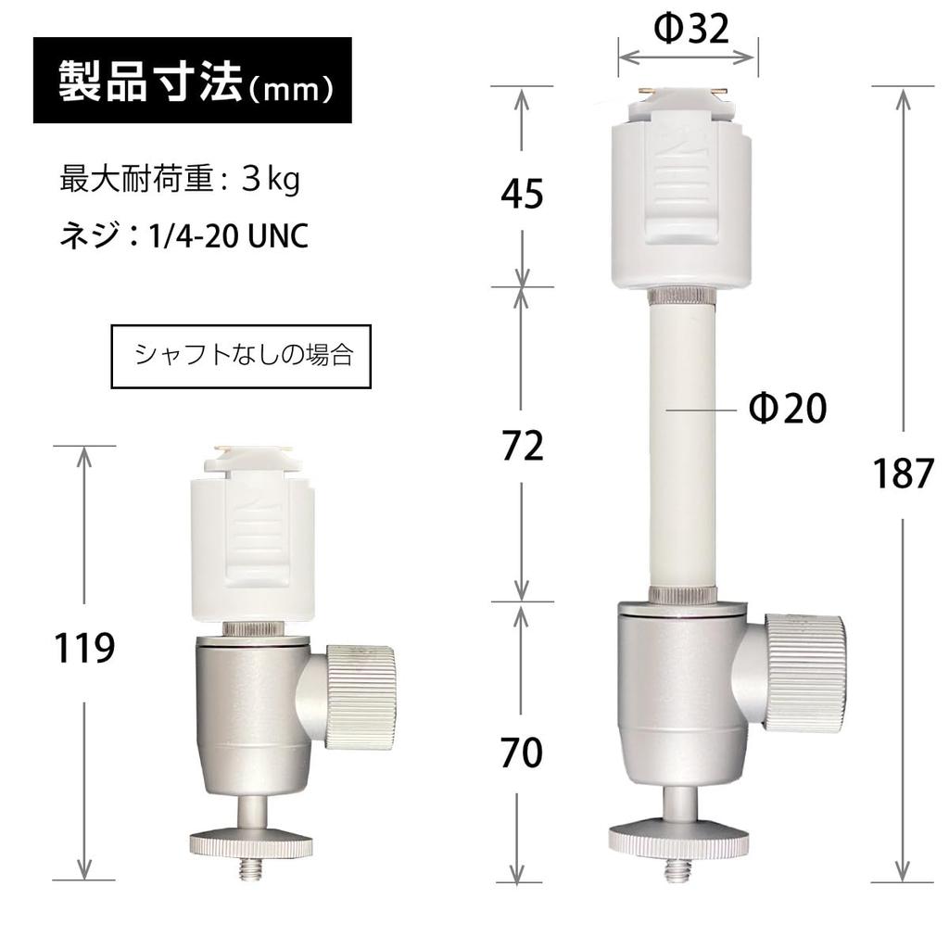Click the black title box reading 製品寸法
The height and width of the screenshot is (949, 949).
(x=193, y=81)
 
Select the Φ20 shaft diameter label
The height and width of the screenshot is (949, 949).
(x=787, y=408)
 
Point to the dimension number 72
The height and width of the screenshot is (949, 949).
(x=521, y=447)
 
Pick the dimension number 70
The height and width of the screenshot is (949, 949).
(x=521, y=753)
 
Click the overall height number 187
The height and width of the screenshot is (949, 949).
(x=903, y=474)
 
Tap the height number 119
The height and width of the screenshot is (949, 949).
(x=84, y=648)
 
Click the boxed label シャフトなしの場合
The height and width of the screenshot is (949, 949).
(x=241, y=356)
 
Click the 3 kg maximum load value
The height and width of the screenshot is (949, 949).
(x=270, y=180)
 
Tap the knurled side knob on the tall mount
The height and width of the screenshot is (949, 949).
(x=803, y=672)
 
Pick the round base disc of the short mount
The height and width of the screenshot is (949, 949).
(x=250, y=842)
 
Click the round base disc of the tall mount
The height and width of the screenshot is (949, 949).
(x=679, y=840)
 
